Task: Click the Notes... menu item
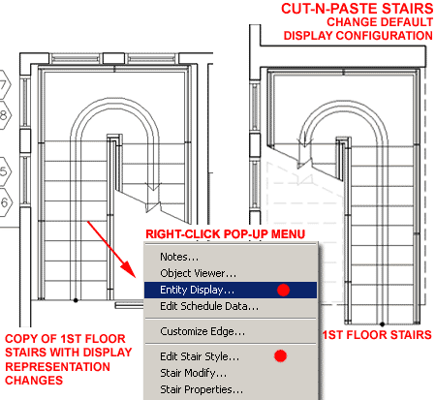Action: (179, 257)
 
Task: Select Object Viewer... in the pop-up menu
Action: (198, 273)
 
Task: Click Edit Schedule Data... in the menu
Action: (209, 306)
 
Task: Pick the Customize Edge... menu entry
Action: (202, 331)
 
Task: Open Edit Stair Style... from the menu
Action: (200, 356)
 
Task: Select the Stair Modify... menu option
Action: (194, 373)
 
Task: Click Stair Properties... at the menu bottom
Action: (202, 389)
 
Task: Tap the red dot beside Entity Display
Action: (283, 290)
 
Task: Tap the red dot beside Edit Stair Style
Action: (280, 356)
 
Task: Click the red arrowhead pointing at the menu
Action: (130, 268)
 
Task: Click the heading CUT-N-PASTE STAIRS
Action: (357, 9)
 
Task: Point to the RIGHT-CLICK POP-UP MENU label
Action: (225, 234)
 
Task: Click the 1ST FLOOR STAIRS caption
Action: (377, 335)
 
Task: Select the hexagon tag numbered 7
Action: (3, 85)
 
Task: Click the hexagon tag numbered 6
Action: (4, 202)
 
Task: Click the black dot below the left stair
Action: (76, 300)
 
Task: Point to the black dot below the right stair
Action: (382, 324)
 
